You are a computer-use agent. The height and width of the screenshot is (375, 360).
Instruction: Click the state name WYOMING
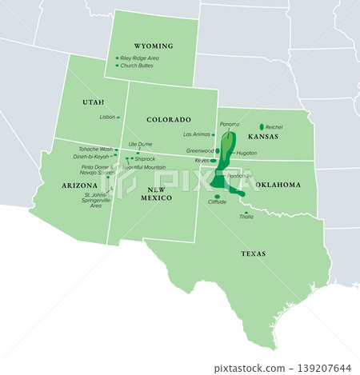click(154, 46)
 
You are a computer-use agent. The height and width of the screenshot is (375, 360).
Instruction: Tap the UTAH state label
click(93, 102)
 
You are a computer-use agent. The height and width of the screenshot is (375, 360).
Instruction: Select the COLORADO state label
click(168, 119)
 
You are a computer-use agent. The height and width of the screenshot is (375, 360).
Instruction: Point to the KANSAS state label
click(262, 138)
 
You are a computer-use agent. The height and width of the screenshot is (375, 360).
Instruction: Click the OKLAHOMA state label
click(278, 185)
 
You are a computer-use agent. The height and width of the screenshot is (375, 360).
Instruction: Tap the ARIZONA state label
click(79, 185)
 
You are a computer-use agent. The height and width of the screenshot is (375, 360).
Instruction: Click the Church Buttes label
click(138, 66)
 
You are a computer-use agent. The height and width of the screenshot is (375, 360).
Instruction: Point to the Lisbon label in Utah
click(107, 117)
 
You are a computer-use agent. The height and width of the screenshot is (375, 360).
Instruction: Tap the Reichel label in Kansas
click(274, 126)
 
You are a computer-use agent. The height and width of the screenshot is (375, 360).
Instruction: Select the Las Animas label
click(196, 134)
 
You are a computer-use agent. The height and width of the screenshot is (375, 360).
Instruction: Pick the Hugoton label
click(246, 153)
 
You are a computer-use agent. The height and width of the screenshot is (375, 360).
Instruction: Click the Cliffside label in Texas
click(217, 202)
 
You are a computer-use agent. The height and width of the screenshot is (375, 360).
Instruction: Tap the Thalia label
click(246, 217)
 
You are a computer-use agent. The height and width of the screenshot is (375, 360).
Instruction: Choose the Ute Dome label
click(140, 145)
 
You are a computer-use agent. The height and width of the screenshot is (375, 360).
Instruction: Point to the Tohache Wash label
click(95, 150)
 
